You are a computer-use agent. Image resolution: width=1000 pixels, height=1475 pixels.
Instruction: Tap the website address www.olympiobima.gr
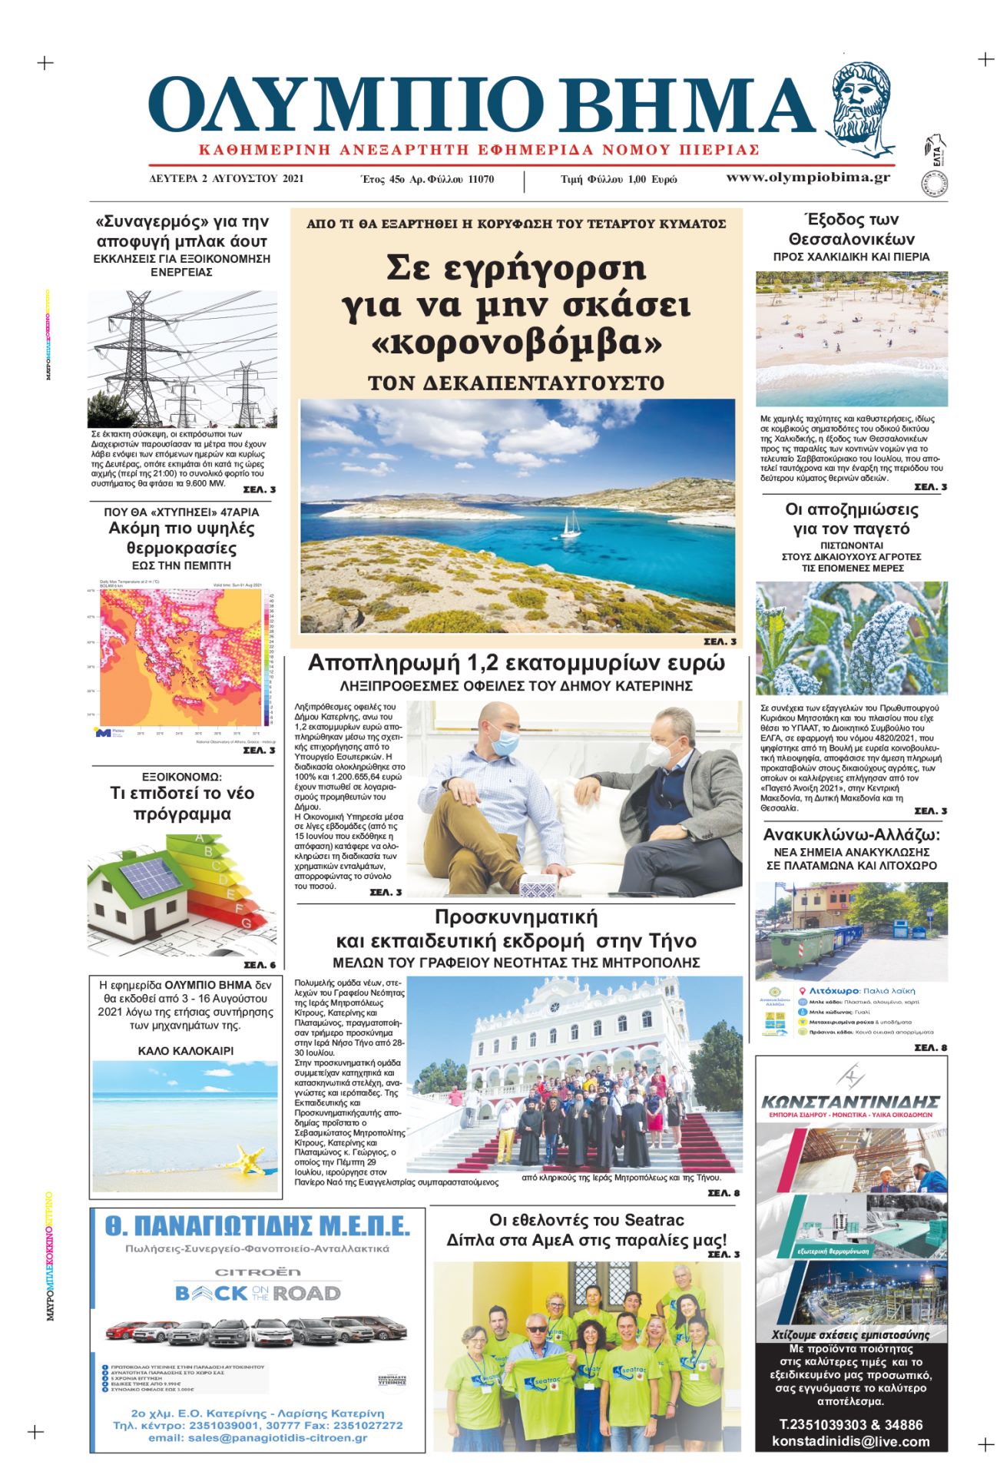coord(808,177)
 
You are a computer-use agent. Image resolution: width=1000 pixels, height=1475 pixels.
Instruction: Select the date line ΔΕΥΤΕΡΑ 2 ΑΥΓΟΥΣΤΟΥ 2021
coord(227,179)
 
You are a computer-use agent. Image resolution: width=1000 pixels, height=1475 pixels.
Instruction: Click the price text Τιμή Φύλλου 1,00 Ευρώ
coord(619,179)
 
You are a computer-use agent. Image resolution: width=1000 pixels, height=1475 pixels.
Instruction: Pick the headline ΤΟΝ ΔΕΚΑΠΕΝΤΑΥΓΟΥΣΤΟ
coord(516,383)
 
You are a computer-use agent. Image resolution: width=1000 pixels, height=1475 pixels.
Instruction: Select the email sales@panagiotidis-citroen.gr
coord(257,1437)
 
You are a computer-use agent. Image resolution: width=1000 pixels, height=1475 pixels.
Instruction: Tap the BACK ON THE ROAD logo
coord(257,1294)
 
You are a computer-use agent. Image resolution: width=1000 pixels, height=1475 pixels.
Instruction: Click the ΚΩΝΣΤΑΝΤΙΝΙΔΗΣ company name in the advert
coord(851,1102)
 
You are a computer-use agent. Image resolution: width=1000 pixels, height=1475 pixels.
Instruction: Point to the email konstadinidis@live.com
coord(851,1441)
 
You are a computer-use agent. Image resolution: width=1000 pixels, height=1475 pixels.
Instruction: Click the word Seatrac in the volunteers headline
coord(654,1220)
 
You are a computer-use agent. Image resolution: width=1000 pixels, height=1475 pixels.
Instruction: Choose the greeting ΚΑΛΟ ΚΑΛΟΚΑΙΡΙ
coord(186,1051)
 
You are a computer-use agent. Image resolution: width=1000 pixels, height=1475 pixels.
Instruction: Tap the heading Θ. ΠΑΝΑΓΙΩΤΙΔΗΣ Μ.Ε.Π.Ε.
coord(257,1227)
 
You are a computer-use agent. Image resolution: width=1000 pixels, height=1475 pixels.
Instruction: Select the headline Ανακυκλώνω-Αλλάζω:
coord(851,835)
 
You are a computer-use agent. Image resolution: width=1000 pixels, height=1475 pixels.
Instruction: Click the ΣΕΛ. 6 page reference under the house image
coord(259,965)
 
